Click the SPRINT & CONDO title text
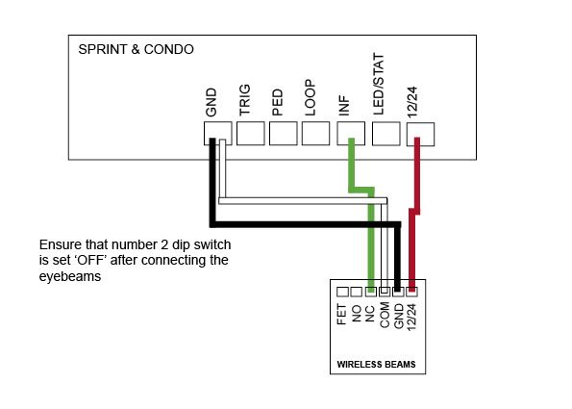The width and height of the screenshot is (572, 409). [x=136, y=49]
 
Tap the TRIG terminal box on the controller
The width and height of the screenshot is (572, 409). [x=251, y=134]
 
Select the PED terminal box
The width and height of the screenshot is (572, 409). [x=283, y=134]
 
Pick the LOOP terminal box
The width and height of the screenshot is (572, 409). [x=315, y=134]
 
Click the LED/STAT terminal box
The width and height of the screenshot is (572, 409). [x=385, y=134]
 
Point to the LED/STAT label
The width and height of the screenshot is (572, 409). [x=379, y=85]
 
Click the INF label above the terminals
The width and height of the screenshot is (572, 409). [x=344, y=106]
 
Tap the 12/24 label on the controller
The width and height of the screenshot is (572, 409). [x=412, y=102]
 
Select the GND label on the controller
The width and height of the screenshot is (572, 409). [x=211, y=102]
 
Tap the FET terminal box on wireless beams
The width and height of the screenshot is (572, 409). [x=342, y=292]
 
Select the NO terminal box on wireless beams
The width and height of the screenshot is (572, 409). [x=356, y=292]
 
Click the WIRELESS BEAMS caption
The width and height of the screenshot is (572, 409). [x=376, y=364]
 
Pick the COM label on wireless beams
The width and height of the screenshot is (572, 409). [x=385, y=315]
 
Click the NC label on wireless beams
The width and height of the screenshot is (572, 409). [x=369, y=314]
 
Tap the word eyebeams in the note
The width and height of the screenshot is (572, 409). [x=70, y=276]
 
